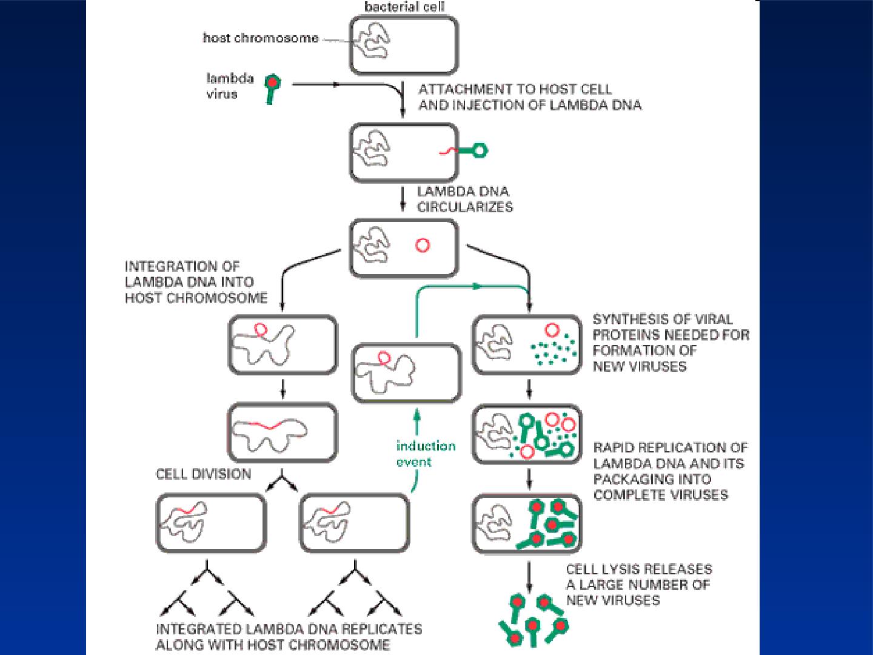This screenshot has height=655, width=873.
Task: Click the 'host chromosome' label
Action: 261,38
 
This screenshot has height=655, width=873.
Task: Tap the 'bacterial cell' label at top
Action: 404,7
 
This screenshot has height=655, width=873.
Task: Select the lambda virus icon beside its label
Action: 272,89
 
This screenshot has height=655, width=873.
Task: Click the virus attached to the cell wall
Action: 473,150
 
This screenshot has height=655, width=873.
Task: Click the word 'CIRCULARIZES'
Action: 465,207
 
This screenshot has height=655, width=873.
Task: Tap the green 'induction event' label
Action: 426,454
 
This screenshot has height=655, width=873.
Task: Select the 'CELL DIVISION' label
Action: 204,474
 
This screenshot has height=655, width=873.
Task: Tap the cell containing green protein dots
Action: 527,345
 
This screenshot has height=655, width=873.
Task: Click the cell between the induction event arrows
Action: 406,373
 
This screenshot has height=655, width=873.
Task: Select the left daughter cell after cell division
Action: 211,523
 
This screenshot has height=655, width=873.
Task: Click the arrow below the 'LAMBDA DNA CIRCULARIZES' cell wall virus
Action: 403,199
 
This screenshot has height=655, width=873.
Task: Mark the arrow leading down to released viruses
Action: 529,577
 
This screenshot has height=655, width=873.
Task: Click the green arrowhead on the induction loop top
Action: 477,286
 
